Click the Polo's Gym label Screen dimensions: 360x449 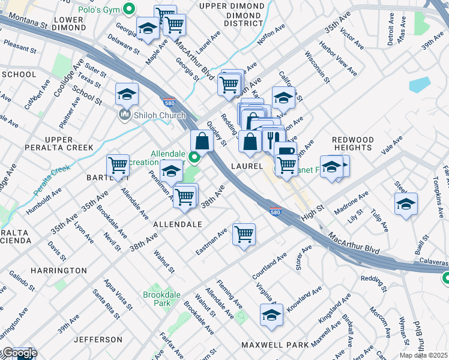[99, 10]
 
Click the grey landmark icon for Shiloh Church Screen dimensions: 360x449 [125, 114]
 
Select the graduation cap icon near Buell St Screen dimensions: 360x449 [406, 203]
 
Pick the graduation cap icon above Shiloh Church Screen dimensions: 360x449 [127, 94]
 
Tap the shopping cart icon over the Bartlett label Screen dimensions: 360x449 [118, 165]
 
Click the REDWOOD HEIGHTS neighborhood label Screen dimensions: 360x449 [353, 143]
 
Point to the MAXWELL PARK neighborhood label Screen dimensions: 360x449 [275, 345]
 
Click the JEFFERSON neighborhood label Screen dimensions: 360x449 [98, 340]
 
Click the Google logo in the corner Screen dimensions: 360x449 [19, 353]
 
